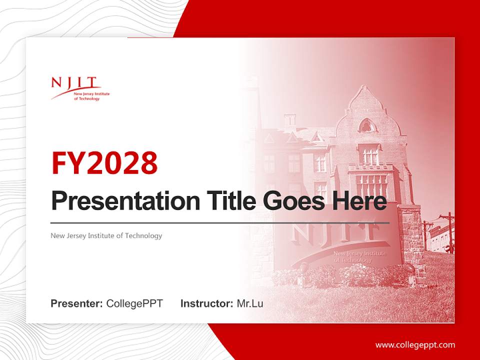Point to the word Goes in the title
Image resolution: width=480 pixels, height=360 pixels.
coord(290,201)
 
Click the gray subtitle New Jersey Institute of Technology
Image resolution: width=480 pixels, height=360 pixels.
coord(106,235)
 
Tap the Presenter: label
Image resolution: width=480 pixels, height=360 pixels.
coord(77,303)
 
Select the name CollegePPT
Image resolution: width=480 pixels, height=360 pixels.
coord(134,303)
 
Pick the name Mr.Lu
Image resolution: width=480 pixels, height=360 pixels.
coord(250,303)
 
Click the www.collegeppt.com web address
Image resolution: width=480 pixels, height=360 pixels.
coord(415,345)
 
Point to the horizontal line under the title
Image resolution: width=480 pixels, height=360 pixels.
coord(220,222)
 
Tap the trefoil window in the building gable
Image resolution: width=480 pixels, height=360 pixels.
coord(366,125)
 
